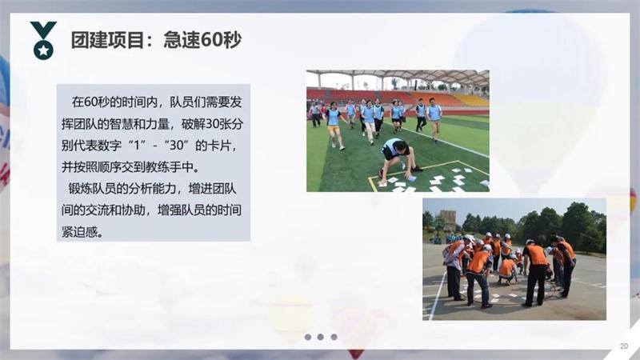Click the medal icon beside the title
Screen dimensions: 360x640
(x=42, y=41)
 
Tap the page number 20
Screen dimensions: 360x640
(x=623, y=346)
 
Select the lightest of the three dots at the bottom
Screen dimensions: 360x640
(x=334, y=337)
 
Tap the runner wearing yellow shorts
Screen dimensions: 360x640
(x=334, y=126)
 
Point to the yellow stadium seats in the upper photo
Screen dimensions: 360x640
(x=470, y=100)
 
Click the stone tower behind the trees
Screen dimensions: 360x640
(x=447, y=219)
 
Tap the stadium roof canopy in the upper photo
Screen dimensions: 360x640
(x=400, y=78)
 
